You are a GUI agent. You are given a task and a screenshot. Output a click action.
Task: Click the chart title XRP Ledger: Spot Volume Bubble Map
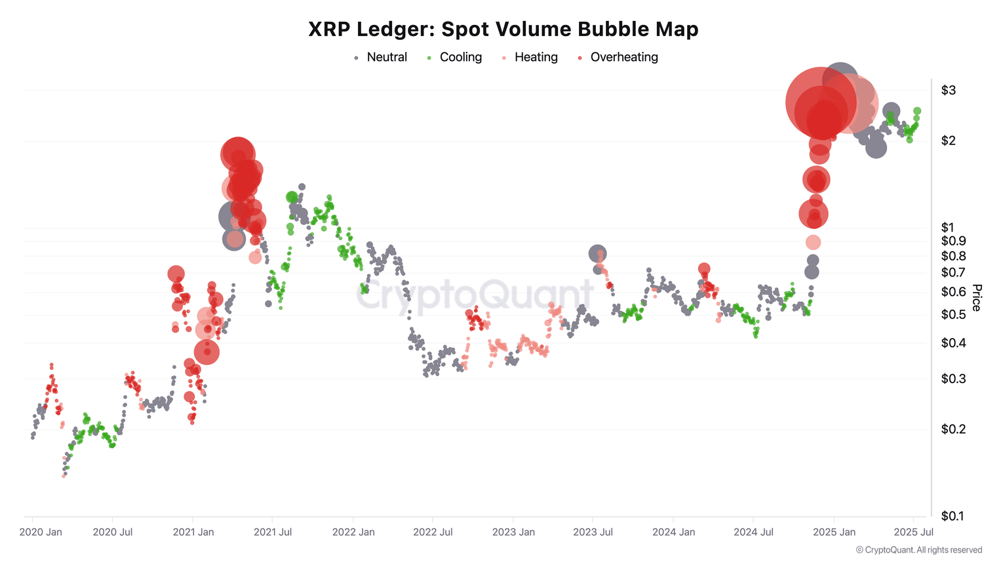503,29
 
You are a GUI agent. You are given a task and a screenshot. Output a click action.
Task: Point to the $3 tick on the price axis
948,91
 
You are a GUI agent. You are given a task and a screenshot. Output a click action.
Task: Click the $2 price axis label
948,141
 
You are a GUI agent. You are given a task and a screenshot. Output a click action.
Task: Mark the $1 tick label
948,228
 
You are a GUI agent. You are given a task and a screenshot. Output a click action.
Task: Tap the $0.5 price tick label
953,315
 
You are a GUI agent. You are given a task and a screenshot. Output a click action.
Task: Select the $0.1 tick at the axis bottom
953,516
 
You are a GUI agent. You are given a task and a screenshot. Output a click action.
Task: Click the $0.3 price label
953,379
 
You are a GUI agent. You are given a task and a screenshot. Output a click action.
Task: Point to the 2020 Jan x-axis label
41,532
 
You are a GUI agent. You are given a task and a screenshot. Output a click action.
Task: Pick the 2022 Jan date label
353,532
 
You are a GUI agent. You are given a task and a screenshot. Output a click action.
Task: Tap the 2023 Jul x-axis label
593,532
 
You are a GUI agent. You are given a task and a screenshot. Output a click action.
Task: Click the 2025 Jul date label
914,532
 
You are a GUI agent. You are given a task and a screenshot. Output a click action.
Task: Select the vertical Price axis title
977,298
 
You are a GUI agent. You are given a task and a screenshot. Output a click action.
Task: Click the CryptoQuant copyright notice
918,551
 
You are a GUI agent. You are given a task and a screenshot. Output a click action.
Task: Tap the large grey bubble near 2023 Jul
597,254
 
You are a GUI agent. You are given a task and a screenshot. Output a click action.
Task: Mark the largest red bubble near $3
820,103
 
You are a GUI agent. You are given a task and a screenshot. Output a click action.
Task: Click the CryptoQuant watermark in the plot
475,295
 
